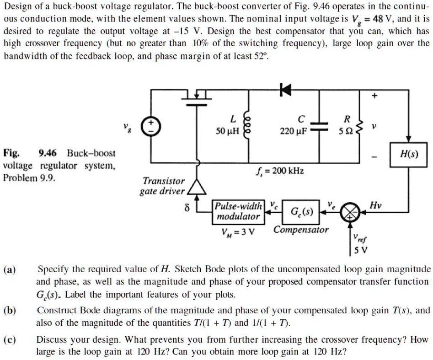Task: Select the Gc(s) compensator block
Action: click(302, 212)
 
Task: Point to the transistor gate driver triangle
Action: click(197, 187)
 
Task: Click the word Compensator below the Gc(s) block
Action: click(301, 230)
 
